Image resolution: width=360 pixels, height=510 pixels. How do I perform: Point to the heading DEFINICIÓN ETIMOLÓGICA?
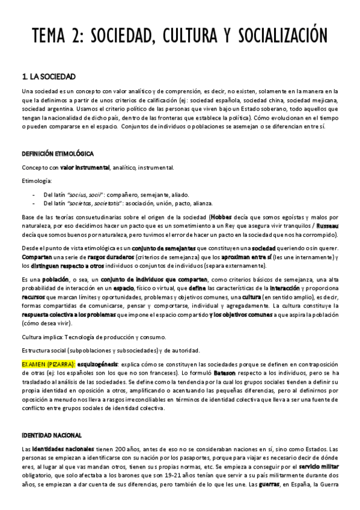click(57, 153)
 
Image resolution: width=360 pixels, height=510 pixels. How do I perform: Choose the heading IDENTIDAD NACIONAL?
click(52, 435)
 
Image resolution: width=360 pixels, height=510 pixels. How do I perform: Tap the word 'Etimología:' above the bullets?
click(37, 180)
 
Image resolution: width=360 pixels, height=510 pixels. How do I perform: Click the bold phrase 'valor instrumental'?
click(85, 167)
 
